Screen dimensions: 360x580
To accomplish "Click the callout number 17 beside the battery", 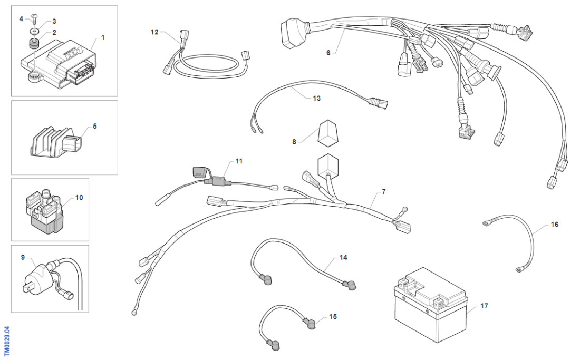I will tap(484, 306).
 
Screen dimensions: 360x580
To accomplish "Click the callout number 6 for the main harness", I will tap(328, 53).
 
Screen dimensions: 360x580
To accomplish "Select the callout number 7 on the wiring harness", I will tap(383, 191).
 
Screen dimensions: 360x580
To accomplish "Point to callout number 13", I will tap(316, 98).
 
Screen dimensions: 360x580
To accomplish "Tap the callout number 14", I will tap(343, 258).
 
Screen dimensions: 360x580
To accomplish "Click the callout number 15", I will tap(333, 317).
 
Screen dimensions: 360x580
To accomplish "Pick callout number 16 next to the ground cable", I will tap(554, 225).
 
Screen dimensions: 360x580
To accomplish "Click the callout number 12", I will tap(154, 32).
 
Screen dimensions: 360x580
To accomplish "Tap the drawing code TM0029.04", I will tap(6, 341).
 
